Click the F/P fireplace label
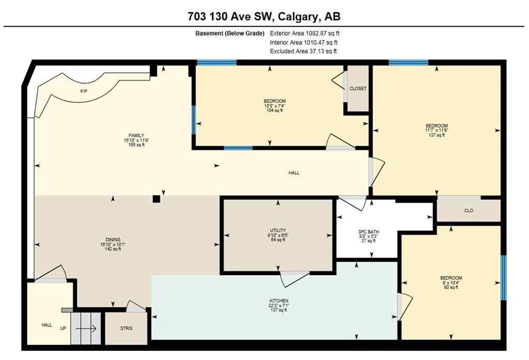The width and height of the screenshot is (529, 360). coord(83,91)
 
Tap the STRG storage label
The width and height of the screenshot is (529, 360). coord(126,328)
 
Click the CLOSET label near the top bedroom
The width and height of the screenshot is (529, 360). coord(357,88)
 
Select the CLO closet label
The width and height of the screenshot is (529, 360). coord(469,211)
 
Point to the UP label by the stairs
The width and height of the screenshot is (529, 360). coord(63,328)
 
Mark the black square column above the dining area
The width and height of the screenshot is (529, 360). coord(157,198)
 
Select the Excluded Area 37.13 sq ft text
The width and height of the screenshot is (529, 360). coord(303,51)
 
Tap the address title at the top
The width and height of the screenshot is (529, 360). coord(264,17)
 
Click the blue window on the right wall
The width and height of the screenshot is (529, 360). coord(504,277)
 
